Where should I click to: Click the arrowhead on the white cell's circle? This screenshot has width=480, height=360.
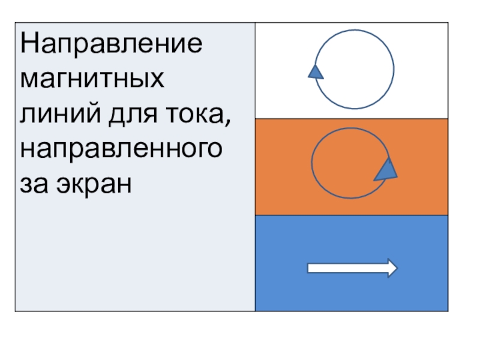(x=316, y=71)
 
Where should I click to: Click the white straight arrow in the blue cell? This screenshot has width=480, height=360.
(x=352, y=268)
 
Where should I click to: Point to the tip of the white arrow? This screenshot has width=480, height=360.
(x=395, y=268)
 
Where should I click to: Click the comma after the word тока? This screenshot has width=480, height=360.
(x=227, y=119)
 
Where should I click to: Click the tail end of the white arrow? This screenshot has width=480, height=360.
(x=309, y=268)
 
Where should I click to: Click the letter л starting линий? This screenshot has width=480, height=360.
(x=28, y=113)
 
